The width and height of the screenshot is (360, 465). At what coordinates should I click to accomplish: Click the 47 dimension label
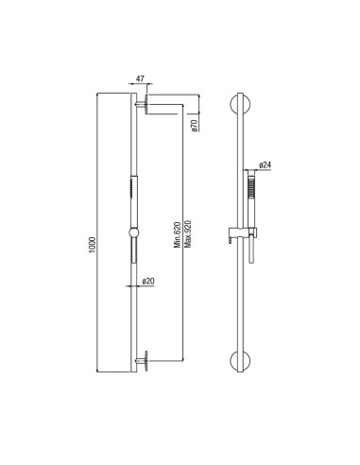(140, 78)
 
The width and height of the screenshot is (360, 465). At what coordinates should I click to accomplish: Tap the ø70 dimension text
(195, 126)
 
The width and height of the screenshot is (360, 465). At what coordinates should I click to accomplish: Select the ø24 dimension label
(265, 164)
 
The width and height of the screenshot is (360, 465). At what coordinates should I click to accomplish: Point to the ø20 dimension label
(148, 281)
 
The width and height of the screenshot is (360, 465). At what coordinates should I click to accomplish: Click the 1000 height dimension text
(92, 246)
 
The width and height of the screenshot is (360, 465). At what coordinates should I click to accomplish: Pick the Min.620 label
(178, 234)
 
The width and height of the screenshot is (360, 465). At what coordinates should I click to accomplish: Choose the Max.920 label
(188, 233)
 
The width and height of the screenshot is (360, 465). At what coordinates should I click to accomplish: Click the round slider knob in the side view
(133, 232)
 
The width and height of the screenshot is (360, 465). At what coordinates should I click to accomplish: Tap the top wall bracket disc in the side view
(146, 104)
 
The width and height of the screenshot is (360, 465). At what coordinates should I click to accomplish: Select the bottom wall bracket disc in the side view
(146, 361)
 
